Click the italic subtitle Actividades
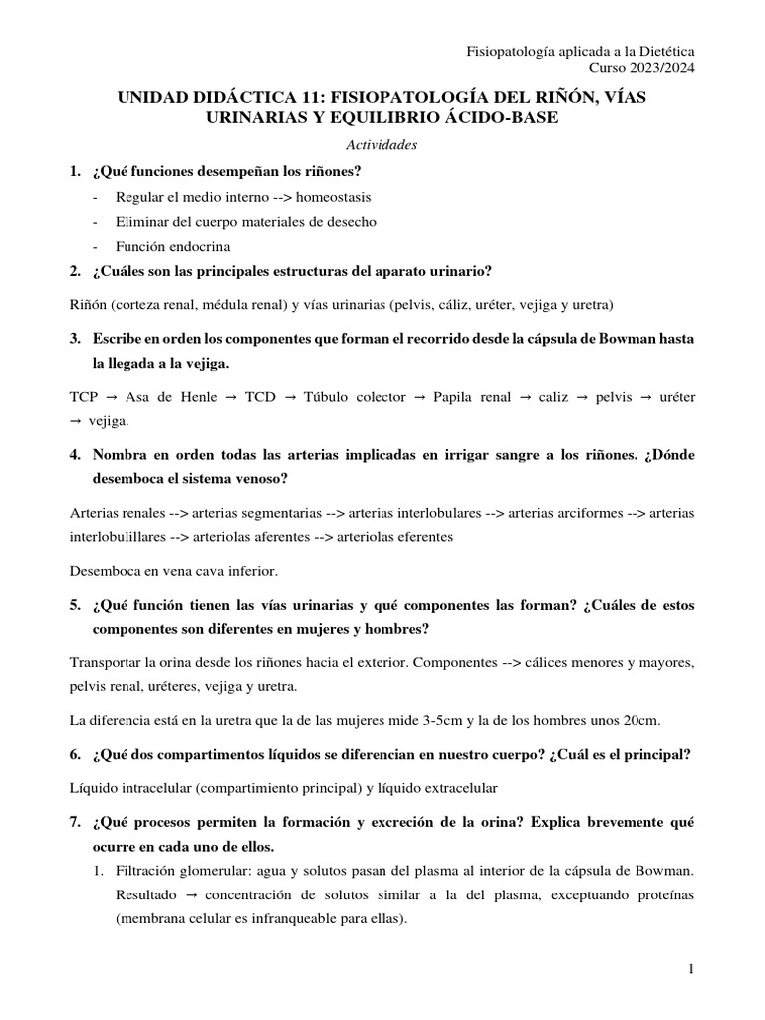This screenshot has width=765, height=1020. click(x=382, y=145)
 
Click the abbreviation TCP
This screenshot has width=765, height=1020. click(x=84, y=396)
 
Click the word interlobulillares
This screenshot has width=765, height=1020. click(x=115, y=536)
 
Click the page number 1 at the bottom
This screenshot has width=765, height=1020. click(x=690, y=969)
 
